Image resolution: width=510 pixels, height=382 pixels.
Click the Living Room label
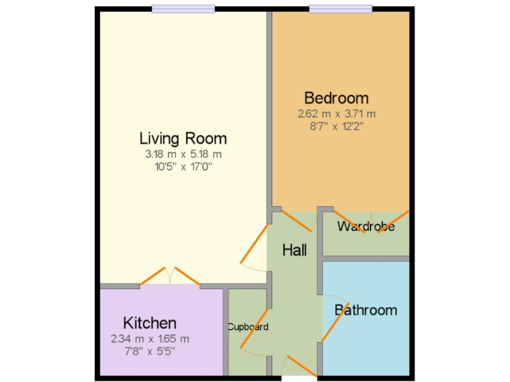click(183, 139)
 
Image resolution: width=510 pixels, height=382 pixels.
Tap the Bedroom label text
click(336, 98)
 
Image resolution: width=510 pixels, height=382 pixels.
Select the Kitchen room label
click(150, 323)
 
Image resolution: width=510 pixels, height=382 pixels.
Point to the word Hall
click(294, 250)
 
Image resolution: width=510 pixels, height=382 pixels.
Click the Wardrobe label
click(366, 227)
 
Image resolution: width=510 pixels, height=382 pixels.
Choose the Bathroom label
click(366, 310)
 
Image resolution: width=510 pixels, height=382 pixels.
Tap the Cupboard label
click(248, 327)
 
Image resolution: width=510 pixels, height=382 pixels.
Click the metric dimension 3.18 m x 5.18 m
click(183, 154)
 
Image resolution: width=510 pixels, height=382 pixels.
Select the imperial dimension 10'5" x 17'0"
click(183, 166)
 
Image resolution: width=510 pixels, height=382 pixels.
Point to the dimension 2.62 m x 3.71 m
click(336, 113)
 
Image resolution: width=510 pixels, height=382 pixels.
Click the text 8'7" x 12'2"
click(336, 125)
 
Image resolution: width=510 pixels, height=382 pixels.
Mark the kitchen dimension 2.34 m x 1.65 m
click(150, 338)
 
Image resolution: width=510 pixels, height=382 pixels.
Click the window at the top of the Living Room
click(183, 9)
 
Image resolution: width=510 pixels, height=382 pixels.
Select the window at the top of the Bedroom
click(341, 9)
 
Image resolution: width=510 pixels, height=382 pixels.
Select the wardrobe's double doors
click(371, 218)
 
